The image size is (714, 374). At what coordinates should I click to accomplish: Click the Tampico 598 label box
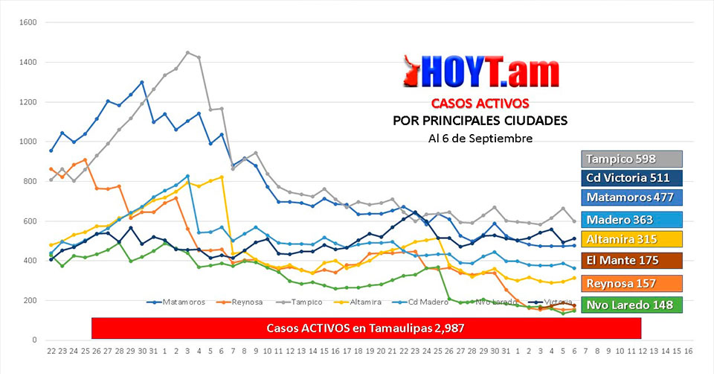(x=631, y=159)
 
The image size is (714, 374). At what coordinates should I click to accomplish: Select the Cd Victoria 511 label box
(x=631, y=178)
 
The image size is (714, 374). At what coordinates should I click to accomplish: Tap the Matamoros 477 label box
(x=631, y=197)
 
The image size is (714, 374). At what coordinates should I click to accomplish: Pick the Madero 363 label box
(x=631, y=220)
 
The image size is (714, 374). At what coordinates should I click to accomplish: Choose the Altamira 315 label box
(x=631, y=239)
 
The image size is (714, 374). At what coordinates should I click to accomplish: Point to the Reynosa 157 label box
(x=631, y=284)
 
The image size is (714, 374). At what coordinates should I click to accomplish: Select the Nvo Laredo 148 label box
(x=631, y=305)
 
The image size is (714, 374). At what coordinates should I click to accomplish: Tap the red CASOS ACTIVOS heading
(x=480, y=103)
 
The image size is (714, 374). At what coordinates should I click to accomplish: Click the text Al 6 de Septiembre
(x=480, y=138)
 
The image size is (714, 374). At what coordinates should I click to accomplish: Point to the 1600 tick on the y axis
(x=29, y=22)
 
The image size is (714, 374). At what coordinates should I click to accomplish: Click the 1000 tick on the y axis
(x=29, y=142)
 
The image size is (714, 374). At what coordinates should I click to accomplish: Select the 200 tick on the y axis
(x=30, y=301)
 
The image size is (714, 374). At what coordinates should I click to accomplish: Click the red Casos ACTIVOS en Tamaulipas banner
(x=366, y=328)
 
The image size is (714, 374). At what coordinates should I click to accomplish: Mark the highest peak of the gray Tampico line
(x=187, y=53)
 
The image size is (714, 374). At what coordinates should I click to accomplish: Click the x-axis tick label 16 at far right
(x=689, y=351)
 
